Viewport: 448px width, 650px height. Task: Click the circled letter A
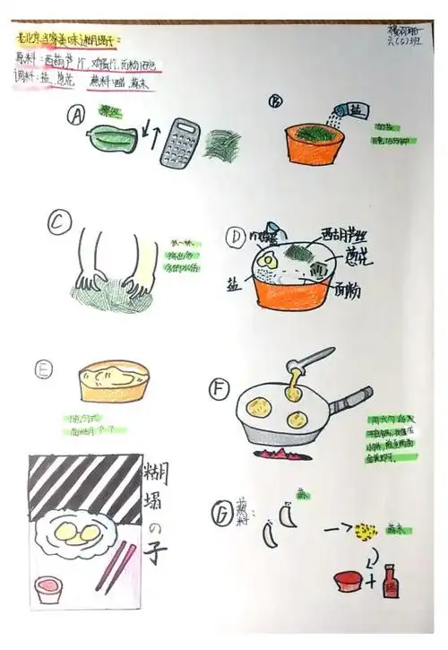pyautogui.click(x=78, y=116)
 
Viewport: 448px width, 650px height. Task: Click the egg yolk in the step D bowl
pyautogui.click(x=265, y=260)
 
